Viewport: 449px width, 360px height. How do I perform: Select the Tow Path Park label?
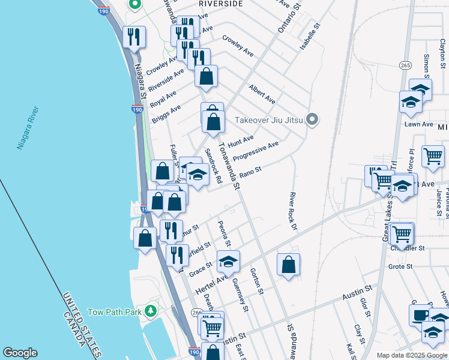[114, 312]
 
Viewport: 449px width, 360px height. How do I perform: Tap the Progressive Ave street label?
[256, 151]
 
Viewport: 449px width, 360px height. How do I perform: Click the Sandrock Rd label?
[214, 166]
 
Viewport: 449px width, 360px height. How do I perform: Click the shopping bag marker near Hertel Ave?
[289, 264]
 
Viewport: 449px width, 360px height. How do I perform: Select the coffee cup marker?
[420, 315]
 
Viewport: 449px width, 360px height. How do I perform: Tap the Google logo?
[20, 353]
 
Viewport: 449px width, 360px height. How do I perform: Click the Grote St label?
[400, 266]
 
